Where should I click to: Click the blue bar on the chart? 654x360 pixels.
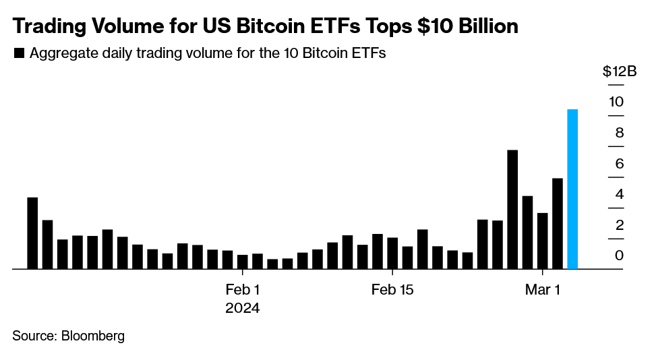click(x=572, y=189)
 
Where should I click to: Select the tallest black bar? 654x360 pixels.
click(x=512, y=209)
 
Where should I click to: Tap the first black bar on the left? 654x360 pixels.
click(x=32, y=233)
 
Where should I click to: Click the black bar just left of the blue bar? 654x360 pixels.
click(x=558, y=223)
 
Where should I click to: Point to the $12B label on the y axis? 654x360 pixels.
click(x=619, y=72)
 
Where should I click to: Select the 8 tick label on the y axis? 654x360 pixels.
click(x=619, y=133)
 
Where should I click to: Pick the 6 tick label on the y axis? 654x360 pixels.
click(x=619, y=164)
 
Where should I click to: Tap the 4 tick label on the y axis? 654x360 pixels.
click(x=619, y=194)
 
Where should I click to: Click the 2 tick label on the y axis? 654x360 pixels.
click(x=619, y=224)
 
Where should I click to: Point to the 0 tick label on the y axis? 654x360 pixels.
click(x=619, y=255)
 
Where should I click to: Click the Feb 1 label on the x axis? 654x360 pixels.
click(x=242, y=290)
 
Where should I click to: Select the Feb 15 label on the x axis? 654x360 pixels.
click(x=392, y=290)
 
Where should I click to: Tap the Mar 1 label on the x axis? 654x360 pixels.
click(x=543, y=290)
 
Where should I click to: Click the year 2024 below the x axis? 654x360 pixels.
click(x=242, y=308)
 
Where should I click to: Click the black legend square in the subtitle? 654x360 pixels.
click(x=19, y=55)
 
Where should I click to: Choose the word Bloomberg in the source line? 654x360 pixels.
click(x=93, y=336)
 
